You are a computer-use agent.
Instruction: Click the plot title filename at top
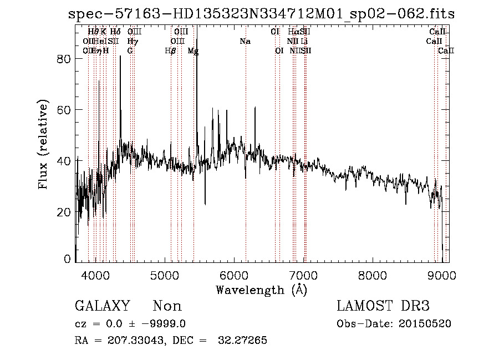(261, 14)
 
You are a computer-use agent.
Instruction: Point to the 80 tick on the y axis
(65, 59)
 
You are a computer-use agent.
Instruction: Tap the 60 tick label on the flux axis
(65, 110)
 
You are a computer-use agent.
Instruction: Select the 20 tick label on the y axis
(65, 212)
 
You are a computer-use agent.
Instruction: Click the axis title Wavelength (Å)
(261, 290)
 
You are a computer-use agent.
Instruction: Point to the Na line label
(245, 41)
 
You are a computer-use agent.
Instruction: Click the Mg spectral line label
(193, 51)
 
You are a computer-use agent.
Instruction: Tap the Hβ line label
(171, 51)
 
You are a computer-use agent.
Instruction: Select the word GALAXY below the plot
(103, 306)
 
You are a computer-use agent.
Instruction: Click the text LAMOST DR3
(383, 306)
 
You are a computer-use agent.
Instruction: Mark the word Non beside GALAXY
(167, 306)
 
